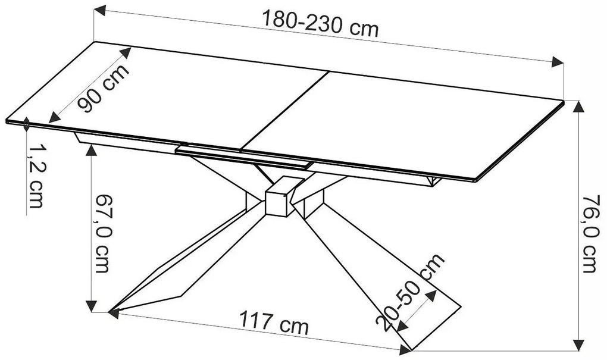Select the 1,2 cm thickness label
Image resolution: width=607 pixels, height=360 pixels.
tap(35, 176)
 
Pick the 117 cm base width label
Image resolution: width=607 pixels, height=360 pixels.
tap(274, 324)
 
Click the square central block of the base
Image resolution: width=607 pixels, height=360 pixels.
tap(277, 198)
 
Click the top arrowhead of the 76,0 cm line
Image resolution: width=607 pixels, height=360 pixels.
tap(578, 107)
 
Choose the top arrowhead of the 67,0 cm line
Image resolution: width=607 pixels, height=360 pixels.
tap(91, 149)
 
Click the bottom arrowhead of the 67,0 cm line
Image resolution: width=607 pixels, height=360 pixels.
tap(91, 306)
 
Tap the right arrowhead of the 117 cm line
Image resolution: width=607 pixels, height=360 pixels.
tap(405, 348)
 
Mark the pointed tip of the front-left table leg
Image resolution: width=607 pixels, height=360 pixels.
tap(111, 310)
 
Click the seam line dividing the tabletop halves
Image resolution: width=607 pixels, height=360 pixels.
tap(286, 110)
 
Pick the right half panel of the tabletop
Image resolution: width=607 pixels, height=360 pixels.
tap(405, 131)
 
